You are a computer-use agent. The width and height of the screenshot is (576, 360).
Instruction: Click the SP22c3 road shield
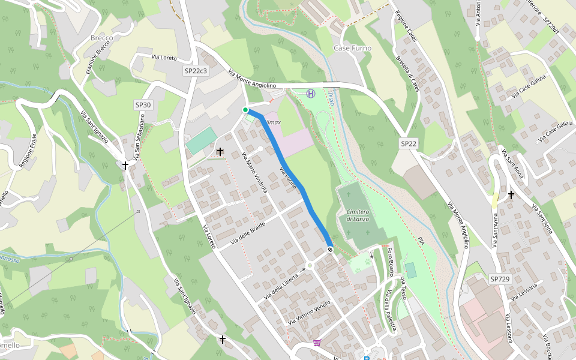point(196,71)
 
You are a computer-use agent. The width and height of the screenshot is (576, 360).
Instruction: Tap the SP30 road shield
point(143,105)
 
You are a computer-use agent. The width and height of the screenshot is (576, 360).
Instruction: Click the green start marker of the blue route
point(245,110)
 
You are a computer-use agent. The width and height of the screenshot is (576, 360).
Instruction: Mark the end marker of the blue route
point(330,250)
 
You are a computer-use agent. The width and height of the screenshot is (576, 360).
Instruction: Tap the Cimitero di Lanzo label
point(358,215)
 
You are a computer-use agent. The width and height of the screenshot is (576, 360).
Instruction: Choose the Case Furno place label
point(352,48)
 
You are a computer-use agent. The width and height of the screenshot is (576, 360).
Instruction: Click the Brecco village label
point(101,38)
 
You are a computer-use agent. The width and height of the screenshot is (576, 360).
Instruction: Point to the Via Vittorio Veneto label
point(310,313)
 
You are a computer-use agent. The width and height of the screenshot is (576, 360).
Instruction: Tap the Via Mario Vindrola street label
point(255,172)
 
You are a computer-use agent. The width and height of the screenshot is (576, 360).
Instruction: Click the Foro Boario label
point(391,262)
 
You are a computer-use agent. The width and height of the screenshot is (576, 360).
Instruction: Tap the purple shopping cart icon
point(317,343)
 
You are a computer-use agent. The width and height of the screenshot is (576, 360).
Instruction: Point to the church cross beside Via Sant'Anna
point(511,194)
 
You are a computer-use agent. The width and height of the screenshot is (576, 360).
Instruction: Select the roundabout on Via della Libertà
point(310,265)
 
